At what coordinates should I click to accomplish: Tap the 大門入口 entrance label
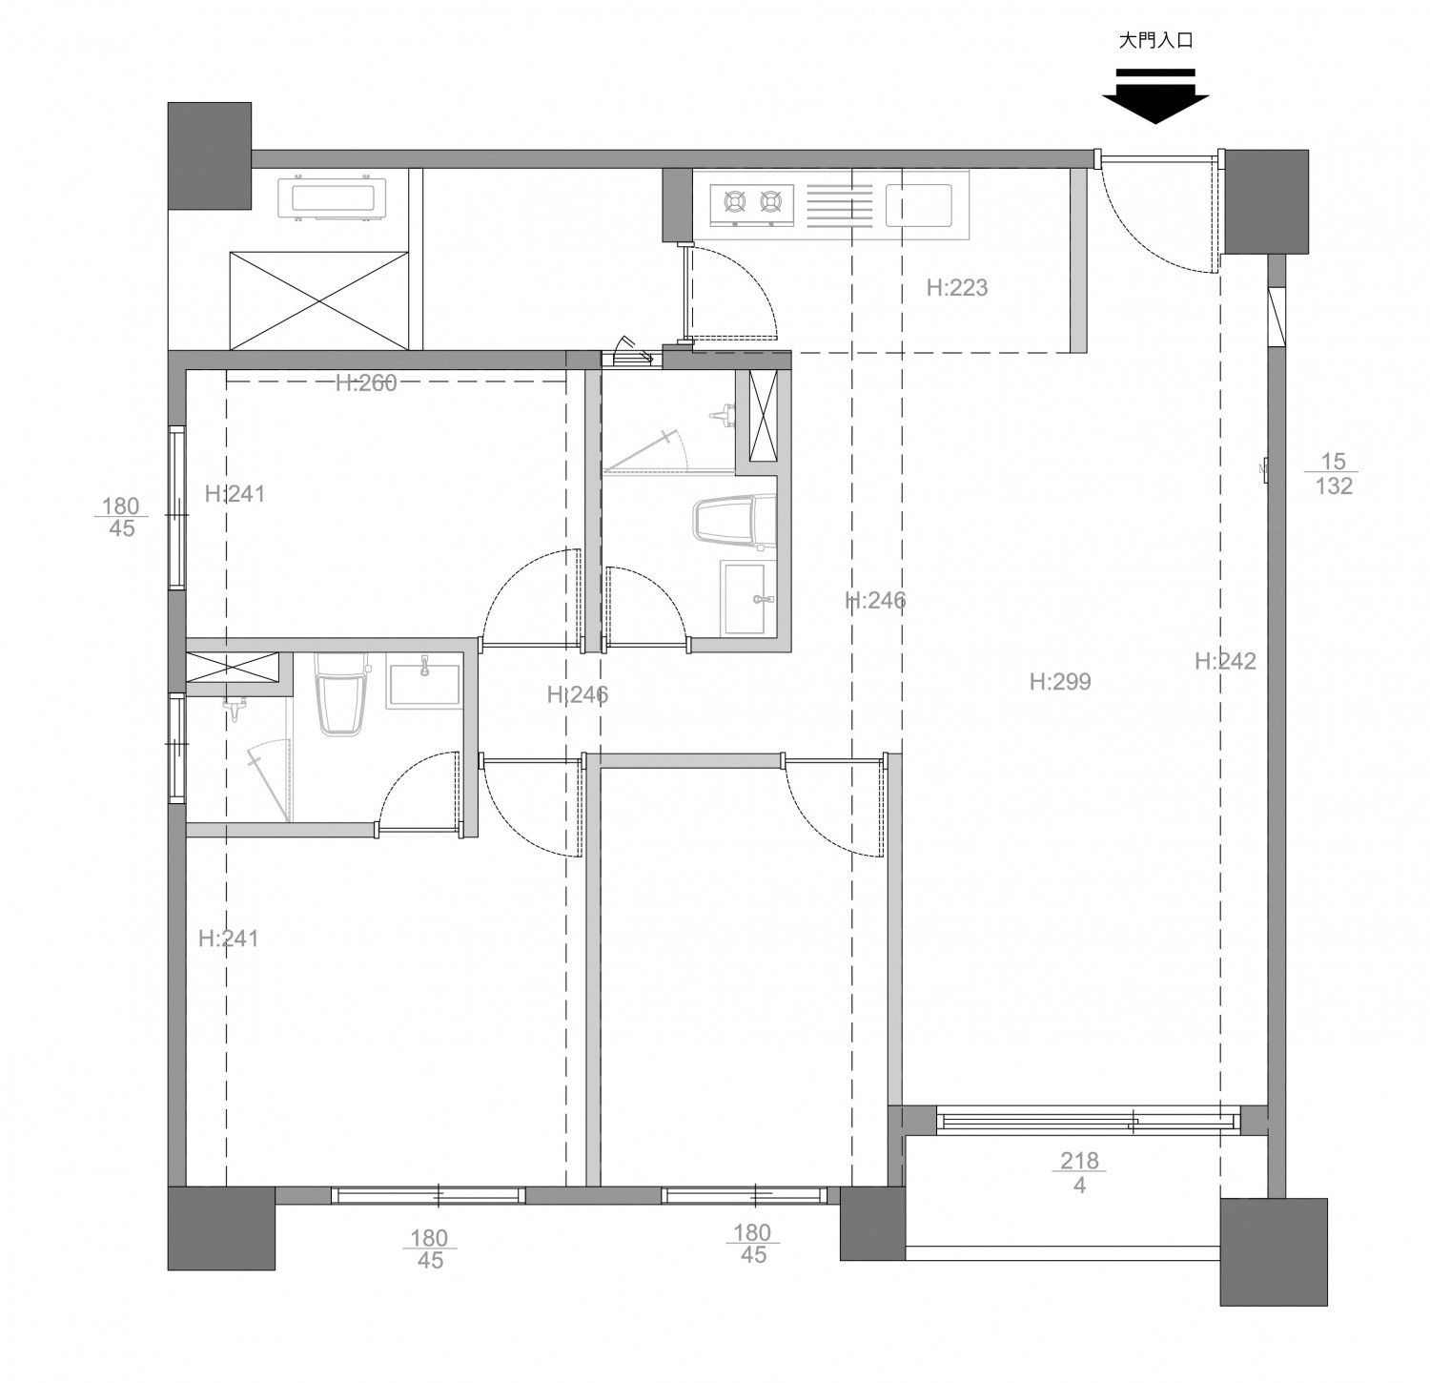click(x=1155, y=41)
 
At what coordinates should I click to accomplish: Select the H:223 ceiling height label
click(x=957, y=287)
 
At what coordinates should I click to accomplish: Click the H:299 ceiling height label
click(x=1060, y=681)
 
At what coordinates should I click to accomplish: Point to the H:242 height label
click(x=1226, y=660)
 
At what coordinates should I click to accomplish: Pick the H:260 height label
click(x=366, y=383)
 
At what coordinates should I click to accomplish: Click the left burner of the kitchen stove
click(x=735, y=201)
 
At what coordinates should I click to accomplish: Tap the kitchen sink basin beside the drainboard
click(x=919, y=206)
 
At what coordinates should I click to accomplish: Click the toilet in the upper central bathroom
click(x=734, y=523)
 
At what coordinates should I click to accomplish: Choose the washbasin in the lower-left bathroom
click(x=422, y=681)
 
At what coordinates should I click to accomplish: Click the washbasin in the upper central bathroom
click(x=748, y=599)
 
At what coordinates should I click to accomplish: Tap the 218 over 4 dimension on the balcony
click(x=1079, y=1173)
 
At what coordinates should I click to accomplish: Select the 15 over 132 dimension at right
click(x=1334, y=474)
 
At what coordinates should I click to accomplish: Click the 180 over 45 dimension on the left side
click(x=121, y=516)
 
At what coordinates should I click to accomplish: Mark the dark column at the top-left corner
click(x=210, y=155)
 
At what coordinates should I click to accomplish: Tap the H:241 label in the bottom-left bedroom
click(x=229, y=939)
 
